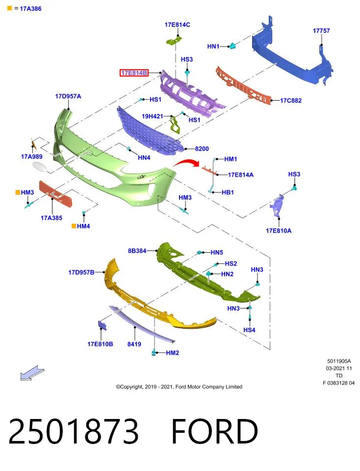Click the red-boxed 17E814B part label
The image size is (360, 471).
(x=134, y=73)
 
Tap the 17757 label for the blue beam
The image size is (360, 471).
(x=321, y=30)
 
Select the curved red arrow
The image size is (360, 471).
(x=186, y=163)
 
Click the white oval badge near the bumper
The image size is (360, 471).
(x=40, y=167)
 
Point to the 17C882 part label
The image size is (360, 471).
(x=291, y=101)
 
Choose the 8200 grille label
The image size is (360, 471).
(x=202, y=149)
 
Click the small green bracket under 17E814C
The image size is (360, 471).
(x=174, y=41)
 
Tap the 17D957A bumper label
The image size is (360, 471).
(x=68, y=97)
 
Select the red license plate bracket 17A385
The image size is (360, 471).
(x=55, y=194)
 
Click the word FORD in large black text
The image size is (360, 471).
(x=215, y=431)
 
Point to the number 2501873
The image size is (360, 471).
(x=73, y=431)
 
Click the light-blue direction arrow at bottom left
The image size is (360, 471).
(x=32, y=373)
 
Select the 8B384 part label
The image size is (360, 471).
(x=137, y=251)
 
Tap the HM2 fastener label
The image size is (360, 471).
(x=172, y=353)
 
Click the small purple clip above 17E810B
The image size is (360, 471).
(x=102, y=325)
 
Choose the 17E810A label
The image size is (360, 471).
(x=278, y=231)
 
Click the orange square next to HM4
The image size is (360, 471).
(x=74, y=226)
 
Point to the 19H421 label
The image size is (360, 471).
(x=152, y=116)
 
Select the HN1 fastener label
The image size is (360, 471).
(x=213, y=47)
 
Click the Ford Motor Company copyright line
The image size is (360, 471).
(x=179, y=387)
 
